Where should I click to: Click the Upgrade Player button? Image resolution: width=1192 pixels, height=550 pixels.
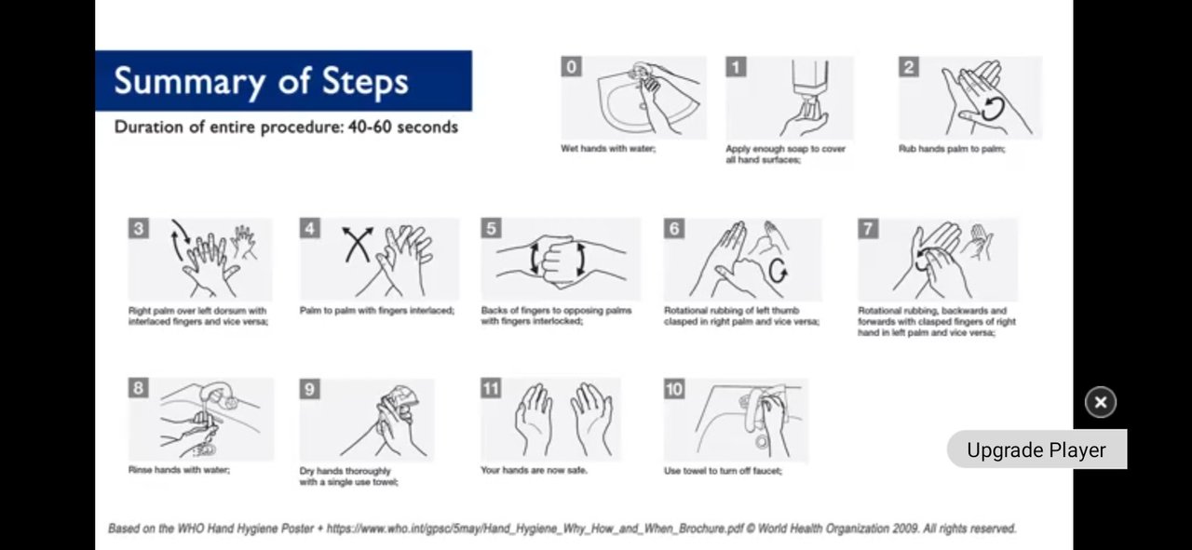[1036, 449]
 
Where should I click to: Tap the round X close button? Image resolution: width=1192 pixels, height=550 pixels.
[1101, 402]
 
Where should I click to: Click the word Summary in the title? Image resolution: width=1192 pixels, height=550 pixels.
[189, 81]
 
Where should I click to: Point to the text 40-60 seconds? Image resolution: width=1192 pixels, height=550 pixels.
[403, 127]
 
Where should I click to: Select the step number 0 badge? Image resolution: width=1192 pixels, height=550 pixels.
[571, 67]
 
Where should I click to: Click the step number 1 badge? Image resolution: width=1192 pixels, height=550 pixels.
[736, 67]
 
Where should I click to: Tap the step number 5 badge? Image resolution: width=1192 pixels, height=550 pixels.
[491, 228]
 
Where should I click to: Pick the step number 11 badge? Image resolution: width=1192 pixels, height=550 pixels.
[491, 388]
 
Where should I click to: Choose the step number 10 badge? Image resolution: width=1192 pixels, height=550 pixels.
[674, 389]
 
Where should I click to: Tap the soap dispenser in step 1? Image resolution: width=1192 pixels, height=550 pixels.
[810, 87]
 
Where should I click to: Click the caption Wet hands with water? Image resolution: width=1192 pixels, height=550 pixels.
[608, 148]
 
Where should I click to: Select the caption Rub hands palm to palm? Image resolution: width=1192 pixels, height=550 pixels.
[952, 149]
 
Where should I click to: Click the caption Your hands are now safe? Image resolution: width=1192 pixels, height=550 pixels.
[534, 470]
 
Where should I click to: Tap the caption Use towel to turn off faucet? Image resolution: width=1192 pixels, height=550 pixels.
[724, 471]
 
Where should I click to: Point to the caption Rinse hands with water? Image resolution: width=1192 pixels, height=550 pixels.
[180, 470]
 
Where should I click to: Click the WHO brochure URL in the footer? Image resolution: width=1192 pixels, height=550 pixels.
[535, 529]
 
